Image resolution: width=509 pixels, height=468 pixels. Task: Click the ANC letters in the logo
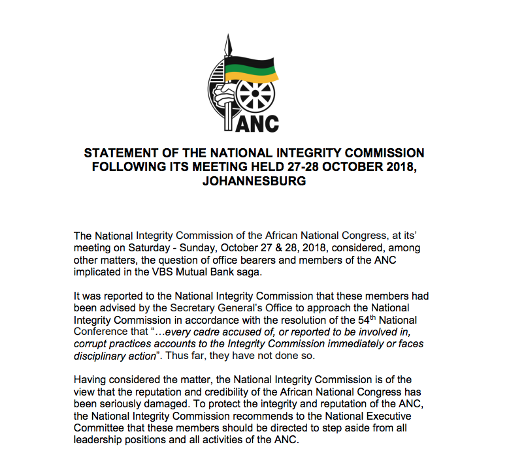257,123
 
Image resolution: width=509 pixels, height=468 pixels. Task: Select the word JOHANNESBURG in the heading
254,181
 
